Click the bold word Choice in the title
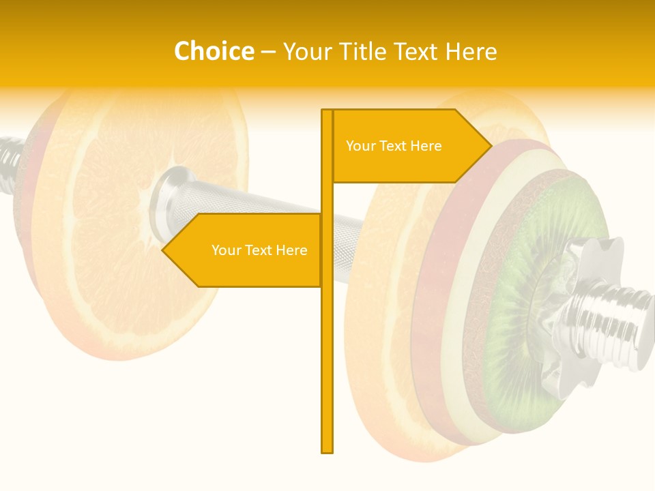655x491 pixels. pyautogui.click(x=214, y=52)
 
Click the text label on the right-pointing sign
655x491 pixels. pyautogui.click(x=394, y=146)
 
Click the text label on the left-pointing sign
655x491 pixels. pyautogui.click(x=259, y=250)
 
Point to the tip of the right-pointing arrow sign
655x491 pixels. pyautogui.click(x=491, y=145)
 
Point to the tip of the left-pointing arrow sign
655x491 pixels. pyautogui.click(x=163, y=250)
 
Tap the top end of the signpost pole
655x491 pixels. pyautogui.click(x=327, y=111)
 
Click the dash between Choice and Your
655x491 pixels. pyautogui.click(x=268, y=52)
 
